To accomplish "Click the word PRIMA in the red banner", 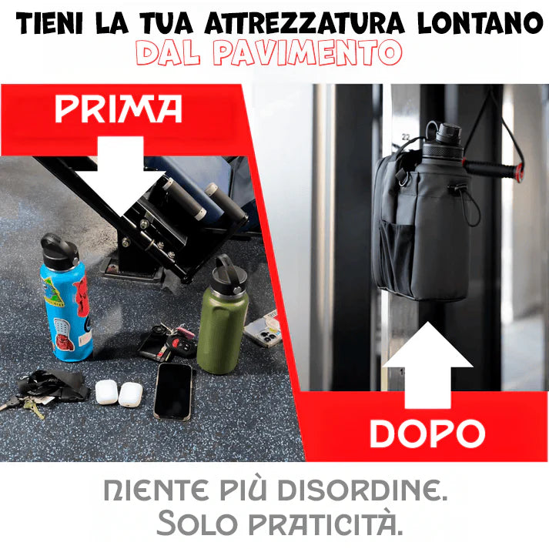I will [118, 109].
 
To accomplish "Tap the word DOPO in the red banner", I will [427, 434].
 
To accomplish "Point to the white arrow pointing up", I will [427, 369].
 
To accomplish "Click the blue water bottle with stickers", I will [66, 308].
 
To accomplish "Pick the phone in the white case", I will [262, 329].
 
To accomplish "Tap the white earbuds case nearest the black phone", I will [131, 393].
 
